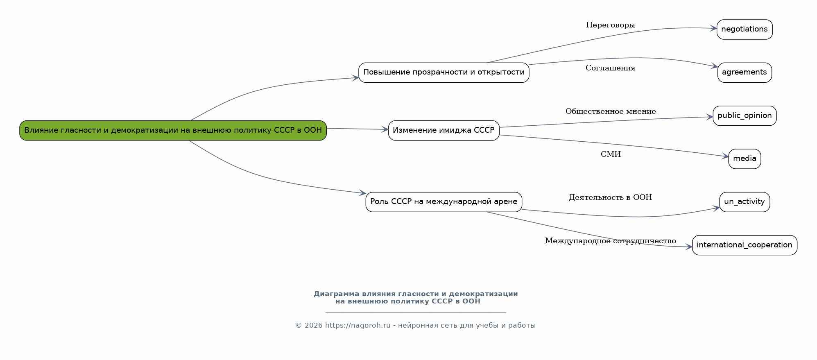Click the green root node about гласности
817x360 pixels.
pyautogui.click(x=173, y=130)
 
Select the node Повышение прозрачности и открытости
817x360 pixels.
pyautogui.click(x=444, y=72)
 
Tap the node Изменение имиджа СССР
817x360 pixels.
pyautogui.click(x=444, y=130)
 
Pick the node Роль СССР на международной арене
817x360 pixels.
pyautogui.click(x=444, y=202)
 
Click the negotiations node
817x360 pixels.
pyautogui.click(x=745, y=29)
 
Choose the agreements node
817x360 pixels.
pyautogui.click(x=745, y=72)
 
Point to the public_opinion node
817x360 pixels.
pyautogui.click(x=745, y=115)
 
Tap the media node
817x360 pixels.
pyautogui.click(x=745, y=159)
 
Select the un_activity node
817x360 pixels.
pyautogui.click(x=745, y=202)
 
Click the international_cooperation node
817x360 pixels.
pyautogui.click(x=745, y=245)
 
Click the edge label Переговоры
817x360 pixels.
pyautogui.click(x=610, y=25)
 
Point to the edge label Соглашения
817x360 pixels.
pyautogui.click(x=610, y=68)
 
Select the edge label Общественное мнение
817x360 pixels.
pyautogui.click(x=611, y=111)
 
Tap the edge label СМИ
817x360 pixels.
pyautogui.click(x=611, y=154)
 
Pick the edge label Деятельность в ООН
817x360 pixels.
pyautogui.click(x=610, y=197)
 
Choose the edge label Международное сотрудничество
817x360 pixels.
pyautogui.click(x=610, y=241)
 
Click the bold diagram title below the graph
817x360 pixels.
pyautogui.click(x=416, y=297)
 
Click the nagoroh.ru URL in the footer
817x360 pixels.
pyautogui.click(x=358, y=326)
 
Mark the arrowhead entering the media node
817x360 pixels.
pyautogui.click(x=725, y=156)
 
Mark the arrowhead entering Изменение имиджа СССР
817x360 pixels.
pyautogui.click(x=385, y=129)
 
